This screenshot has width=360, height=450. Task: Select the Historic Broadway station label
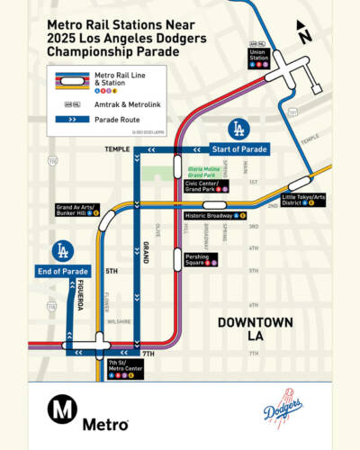point(215,216)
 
